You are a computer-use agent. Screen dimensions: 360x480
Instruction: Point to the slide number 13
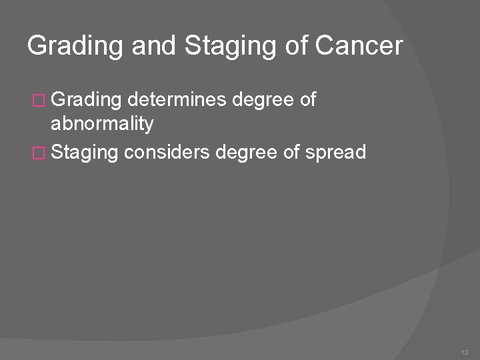[465, 351]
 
